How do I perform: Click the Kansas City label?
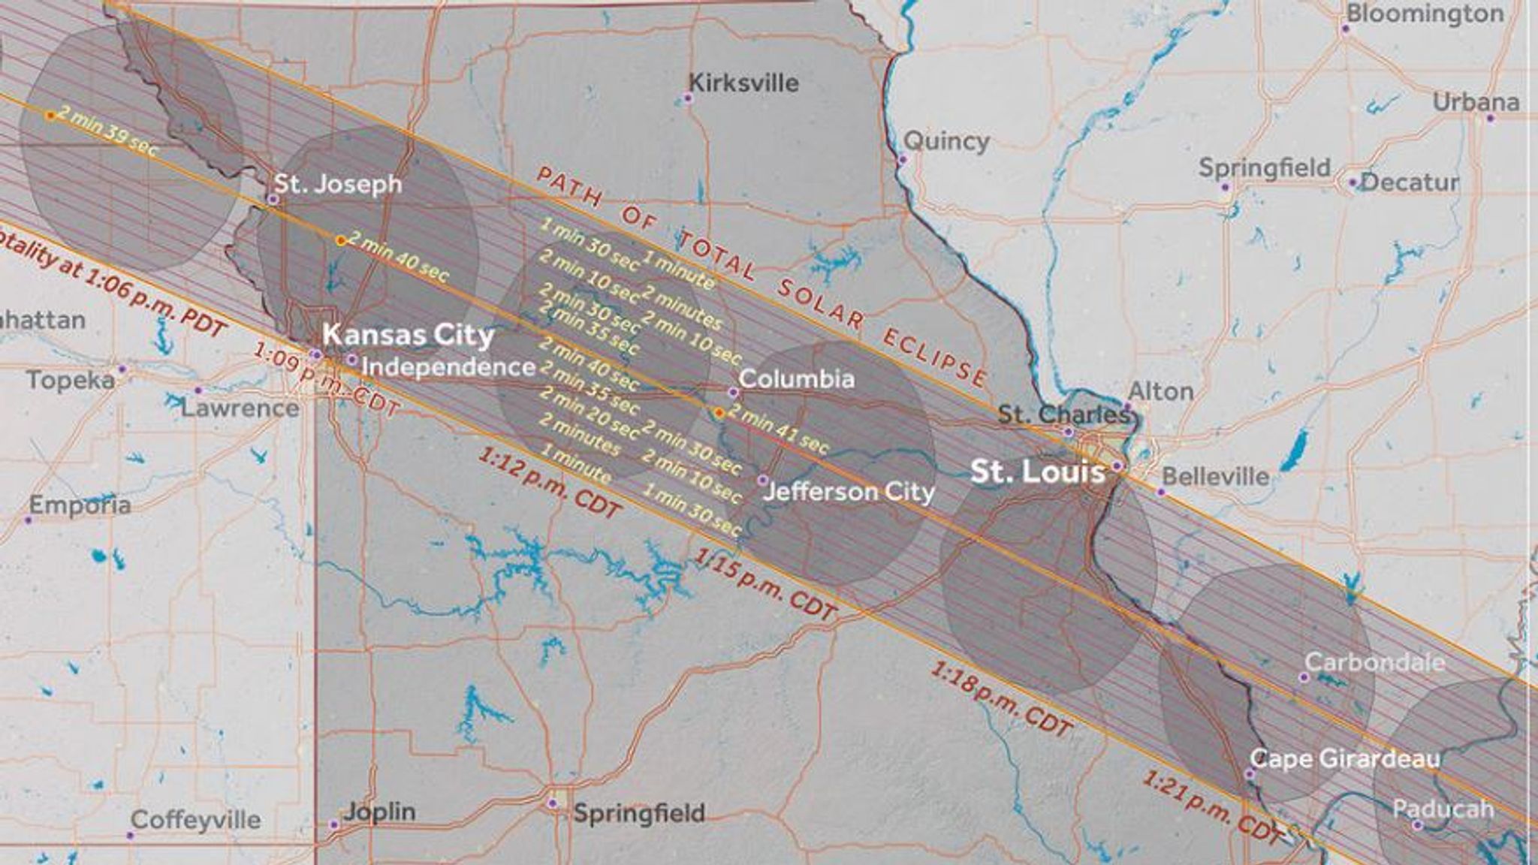tap(409, 335)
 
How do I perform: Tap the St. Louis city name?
tap(1037, 472)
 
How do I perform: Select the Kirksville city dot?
tap(687, 98)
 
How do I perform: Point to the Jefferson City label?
tap(849, 492)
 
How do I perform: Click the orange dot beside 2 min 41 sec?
tap(719, 413)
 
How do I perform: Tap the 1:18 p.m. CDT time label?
tap(1002, 699)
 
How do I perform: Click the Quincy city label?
tap(946, 140)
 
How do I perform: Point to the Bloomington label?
tap(1425, 14)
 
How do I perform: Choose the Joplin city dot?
tap(334, 824)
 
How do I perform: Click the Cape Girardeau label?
tap(1345, 758)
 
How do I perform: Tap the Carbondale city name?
tap(1374, 662)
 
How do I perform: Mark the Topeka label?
tap(71, 380)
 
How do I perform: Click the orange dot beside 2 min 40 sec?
tap(340, 240)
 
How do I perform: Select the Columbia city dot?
tap(733, 392)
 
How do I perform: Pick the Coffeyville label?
tap(195, 819)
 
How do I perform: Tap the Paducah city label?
tap(1443, 809)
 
